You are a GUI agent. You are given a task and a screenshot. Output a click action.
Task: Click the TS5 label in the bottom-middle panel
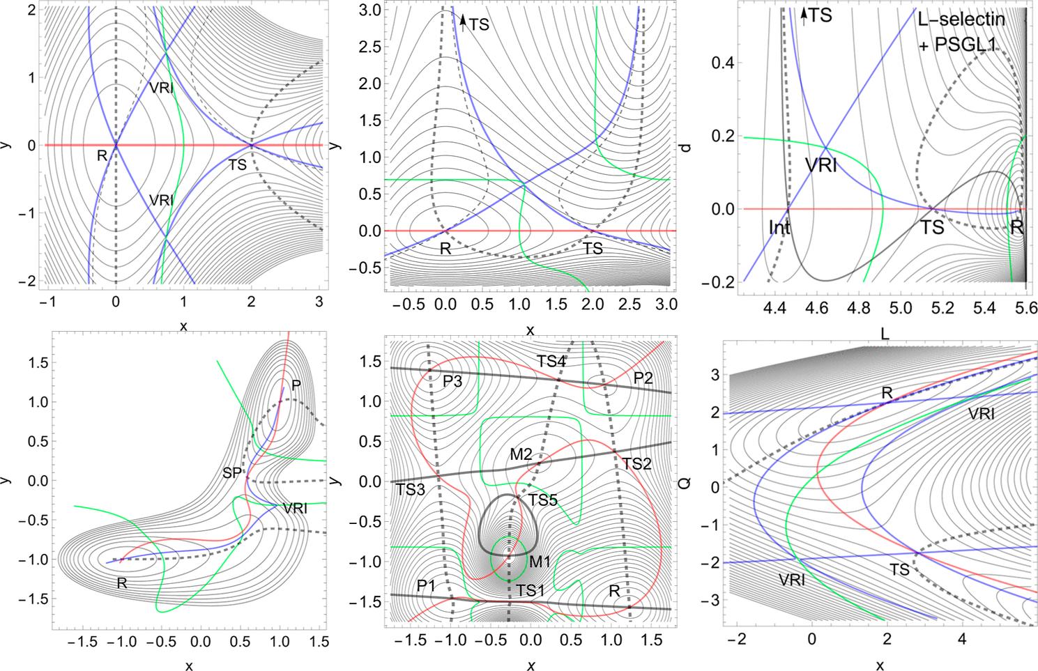tap(542, 500)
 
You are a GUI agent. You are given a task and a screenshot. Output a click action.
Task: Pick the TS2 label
tap(636, 463)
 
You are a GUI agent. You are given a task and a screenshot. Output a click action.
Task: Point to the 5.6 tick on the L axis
tap(1023, 307)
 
